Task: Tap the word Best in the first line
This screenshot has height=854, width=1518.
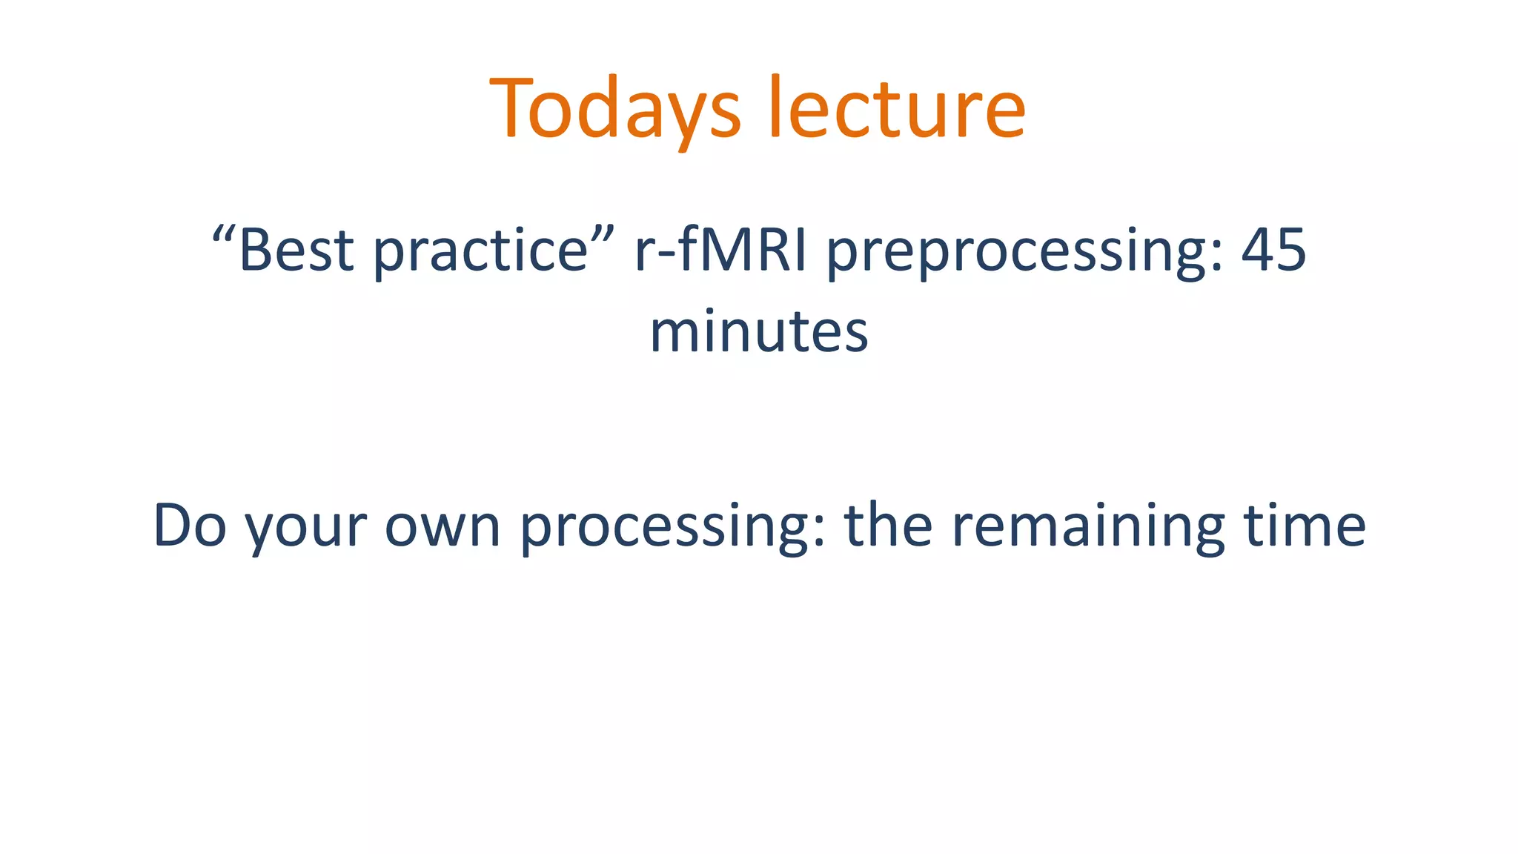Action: tap(296, 251)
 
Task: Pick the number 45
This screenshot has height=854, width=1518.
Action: tap(1273, 251)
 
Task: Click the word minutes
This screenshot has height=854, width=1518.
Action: tap(758, 331)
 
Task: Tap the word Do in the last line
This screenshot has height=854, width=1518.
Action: tap(190, 526)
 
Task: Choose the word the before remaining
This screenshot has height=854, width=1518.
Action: tap(888, 526)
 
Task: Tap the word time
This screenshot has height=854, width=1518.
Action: tap(1305, 526)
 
